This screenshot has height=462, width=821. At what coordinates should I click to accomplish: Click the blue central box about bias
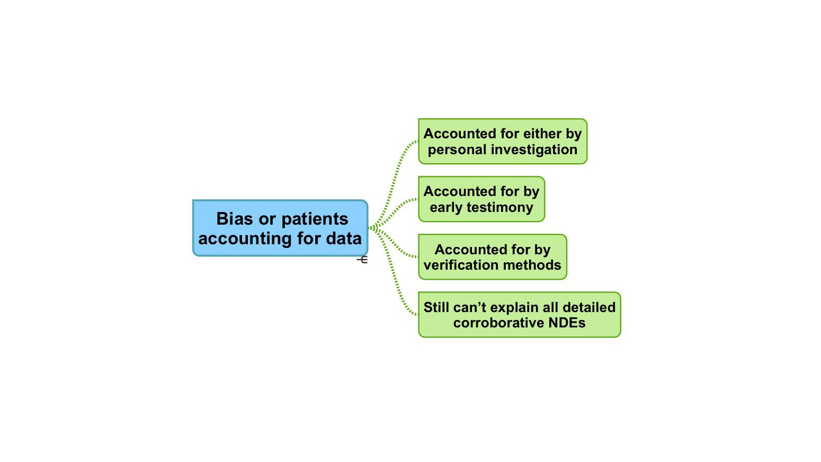click(x=280, y=228)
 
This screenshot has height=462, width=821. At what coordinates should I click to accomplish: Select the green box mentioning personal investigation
click(x=502, y=141)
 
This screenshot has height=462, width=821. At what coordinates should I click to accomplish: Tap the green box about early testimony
click(x=481, y=199)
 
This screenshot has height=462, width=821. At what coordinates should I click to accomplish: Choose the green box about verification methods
click(x=492, y=257)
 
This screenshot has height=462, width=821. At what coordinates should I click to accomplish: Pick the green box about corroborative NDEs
click(x=519, y=315)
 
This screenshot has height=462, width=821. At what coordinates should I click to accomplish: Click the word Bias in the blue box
click(x=235, y=219)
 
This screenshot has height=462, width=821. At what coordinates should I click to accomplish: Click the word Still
click(x=436, y=307)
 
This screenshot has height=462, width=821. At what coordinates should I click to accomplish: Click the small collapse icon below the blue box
click(x=363, y=260)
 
